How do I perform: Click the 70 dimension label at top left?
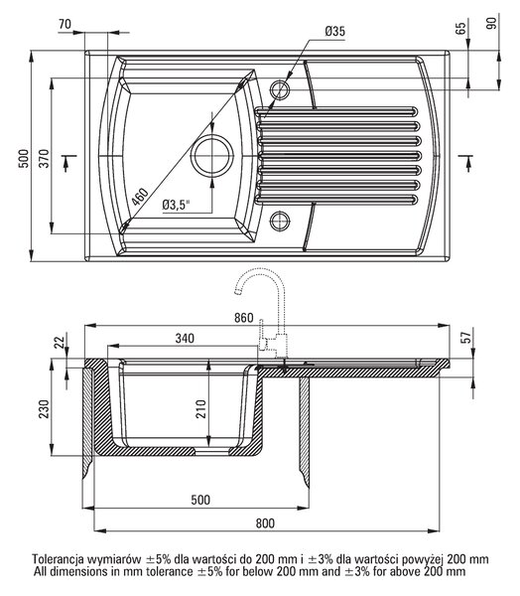[65, 24]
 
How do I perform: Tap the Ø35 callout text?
[335, 31]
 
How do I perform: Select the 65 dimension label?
[460, 28]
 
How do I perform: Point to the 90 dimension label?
[491, 24]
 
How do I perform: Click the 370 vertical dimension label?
[45, 159]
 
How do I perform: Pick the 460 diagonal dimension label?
[140, 197]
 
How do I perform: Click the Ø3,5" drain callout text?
[176, 205]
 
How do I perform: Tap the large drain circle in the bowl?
[211, 156]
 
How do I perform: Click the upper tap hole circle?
[280, 90]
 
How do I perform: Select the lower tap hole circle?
[280, 221]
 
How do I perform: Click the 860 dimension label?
[243, 318]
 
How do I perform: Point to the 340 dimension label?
[185, 338]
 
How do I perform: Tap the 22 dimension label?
[60, 342]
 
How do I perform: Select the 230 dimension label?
[44, 408]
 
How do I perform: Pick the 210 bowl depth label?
[200, 408]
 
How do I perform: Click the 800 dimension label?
[265, 523]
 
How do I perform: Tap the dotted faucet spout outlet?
[237, 292]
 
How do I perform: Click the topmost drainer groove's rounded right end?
[414, 111]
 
